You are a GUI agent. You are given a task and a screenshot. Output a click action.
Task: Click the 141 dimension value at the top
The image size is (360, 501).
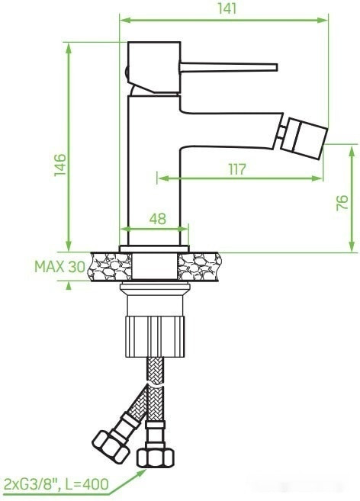226,8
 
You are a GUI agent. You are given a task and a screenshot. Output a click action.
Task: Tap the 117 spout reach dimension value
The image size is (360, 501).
236,169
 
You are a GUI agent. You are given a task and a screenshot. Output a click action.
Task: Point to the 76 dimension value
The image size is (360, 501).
343,201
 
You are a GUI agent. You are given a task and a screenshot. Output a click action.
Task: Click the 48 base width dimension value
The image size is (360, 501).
157,219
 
